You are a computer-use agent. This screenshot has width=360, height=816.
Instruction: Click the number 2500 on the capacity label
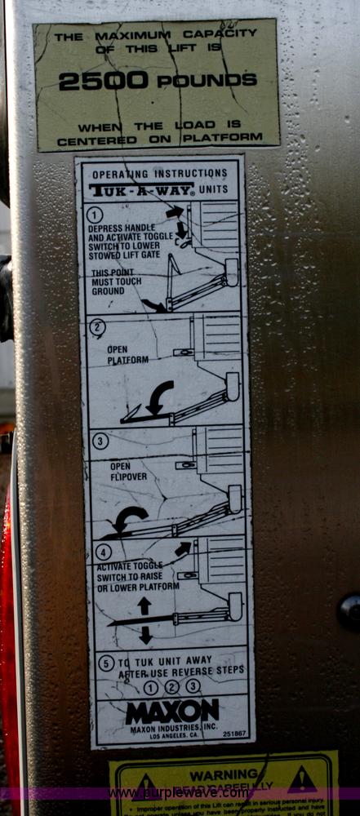coord(103,81)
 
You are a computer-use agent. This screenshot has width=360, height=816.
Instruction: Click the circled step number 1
coord(97,213)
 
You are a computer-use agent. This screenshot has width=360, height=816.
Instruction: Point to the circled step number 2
coord(98,328)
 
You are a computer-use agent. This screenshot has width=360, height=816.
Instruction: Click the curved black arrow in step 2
coord(158,397)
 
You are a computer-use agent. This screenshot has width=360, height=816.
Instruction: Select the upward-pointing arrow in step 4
coord(144,605)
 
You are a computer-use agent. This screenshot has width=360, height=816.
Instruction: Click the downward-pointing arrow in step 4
coord(144,635)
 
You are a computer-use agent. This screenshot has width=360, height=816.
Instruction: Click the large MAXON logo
coord(172,710)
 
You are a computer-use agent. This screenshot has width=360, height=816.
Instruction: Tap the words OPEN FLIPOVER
coord(120,472)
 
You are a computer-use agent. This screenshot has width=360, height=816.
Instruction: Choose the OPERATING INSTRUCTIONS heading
coord(159,174)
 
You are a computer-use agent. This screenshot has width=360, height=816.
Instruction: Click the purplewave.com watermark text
coord(180,792)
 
